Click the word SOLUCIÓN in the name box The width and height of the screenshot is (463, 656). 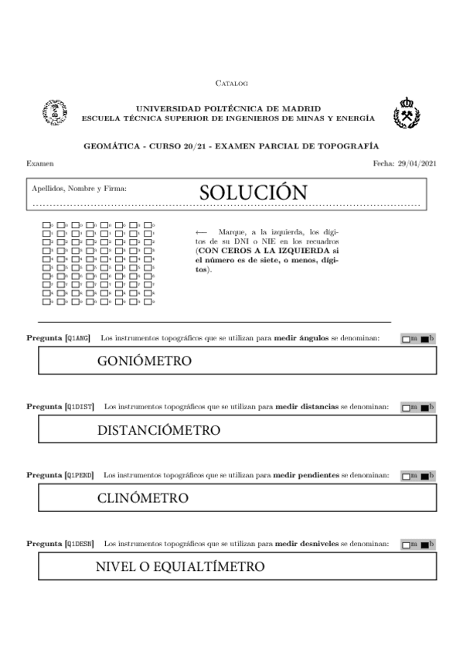pos(253,193)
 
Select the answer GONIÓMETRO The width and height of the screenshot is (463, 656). pos(144,361)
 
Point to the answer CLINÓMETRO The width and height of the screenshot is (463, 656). pos(142,498)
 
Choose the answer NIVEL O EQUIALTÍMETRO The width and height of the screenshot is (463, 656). pos(179,567)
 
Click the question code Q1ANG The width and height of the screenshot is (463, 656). pos(78,338)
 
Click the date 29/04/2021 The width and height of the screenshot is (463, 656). pos(417,164)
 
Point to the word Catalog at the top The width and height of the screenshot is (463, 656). pos(231,83)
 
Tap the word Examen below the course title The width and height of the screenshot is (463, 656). pos(40,164)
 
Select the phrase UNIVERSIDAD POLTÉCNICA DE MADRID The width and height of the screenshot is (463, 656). pos(228,109)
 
